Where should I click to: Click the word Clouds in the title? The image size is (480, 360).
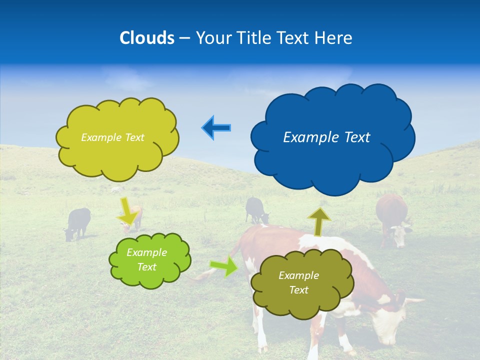pyautogui.click(x=147, y=38)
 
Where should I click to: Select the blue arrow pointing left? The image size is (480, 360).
pyautogui.click(x=216, y=128)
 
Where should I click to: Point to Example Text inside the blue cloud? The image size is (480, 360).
pyautogui.click(x=326, y=137)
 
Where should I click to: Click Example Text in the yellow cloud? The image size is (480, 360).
pyautogui.click(x=112, y=137)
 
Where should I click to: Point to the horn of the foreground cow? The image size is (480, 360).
pyautogui.click(x=413, y=301)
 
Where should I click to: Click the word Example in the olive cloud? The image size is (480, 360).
pyautogui.click(x=298, y=275)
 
